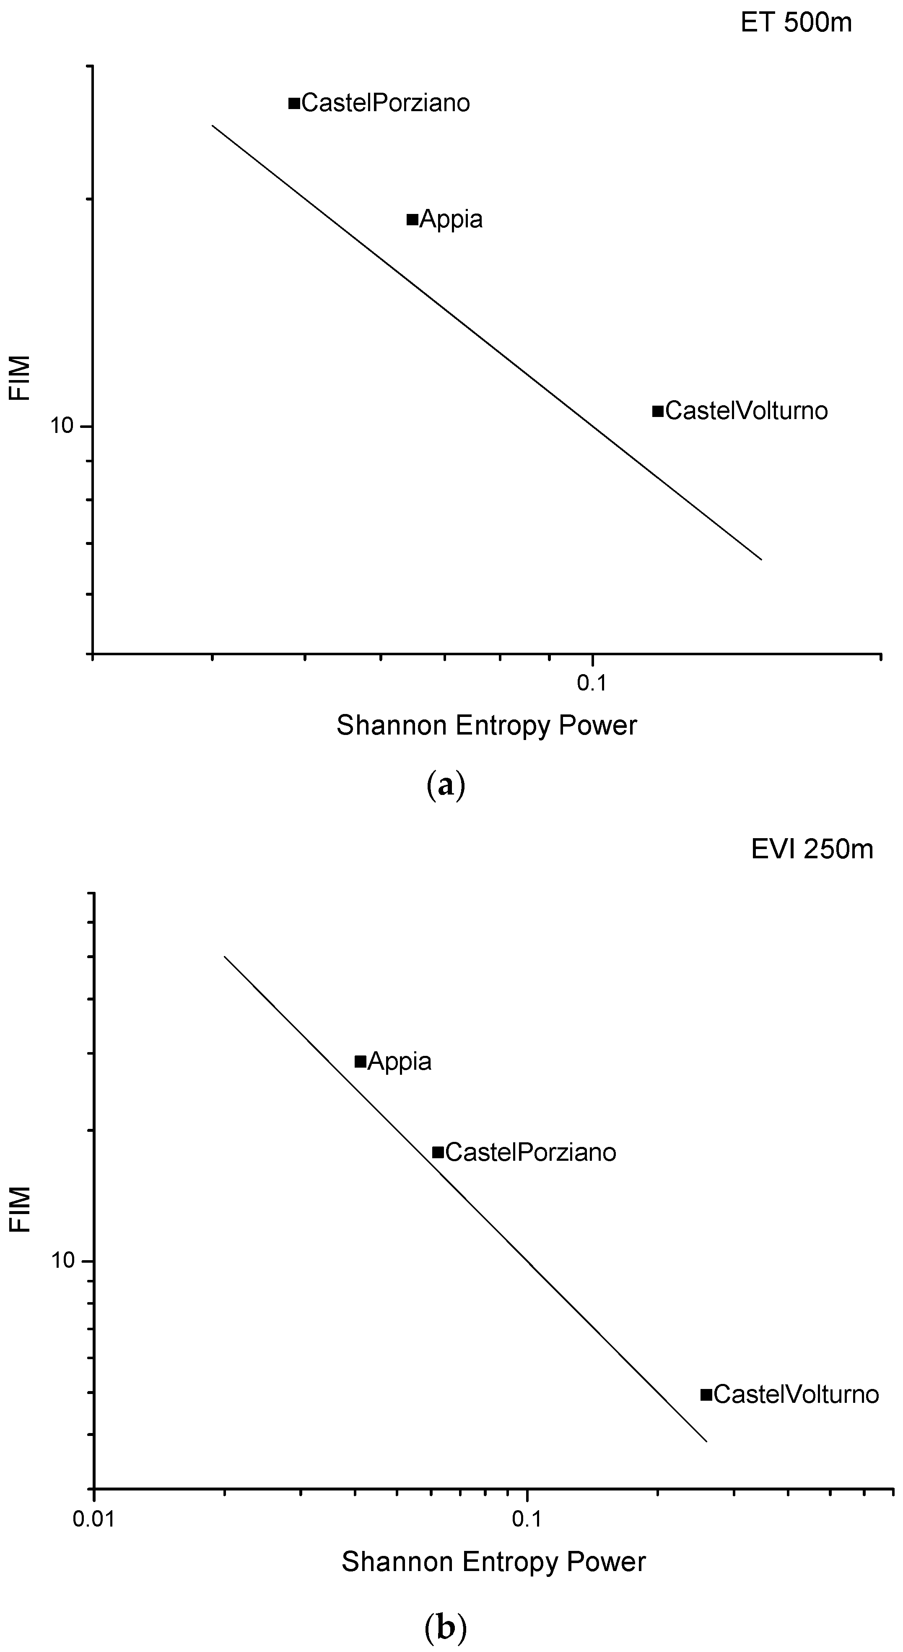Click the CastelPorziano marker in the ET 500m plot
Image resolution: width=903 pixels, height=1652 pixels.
coord(294,103)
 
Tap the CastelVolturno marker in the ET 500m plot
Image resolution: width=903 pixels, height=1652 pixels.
coord(657,410)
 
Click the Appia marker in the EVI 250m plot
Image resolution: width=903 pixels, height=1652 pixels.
coord(360,1061)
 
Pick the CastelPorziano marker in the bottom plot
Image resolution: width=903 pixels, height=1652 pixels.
coord(438,1152)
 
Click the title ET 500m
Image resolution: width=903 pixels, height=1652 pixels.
coord(796,23)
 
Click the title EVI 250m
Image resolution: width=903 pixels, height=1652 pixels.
coord(812,849)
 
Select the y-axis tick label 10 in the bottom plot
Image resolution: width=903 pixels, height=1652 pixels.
coord(63,1261)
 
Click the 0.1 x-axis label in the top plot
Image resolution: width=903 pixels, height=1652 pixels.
coord(592,683)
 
